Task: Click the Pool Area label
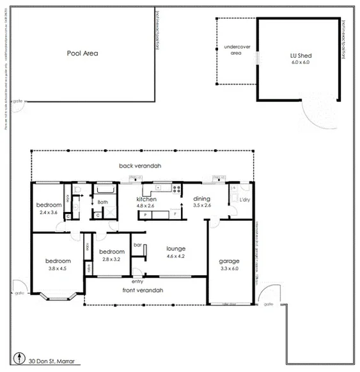tap(82, 54)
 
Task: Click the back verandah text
tap(140, 166)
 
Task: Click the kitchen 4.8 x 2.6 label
tap(146, 202)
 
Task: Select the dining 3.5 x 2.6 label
tap(201, 202)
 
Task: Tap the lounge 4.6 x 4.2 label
tap(176, 252)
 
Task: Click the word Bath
tap(102, 202)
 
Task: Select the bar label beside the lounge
tap(137, 245)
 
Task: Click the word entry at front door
tap(137, 281)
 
